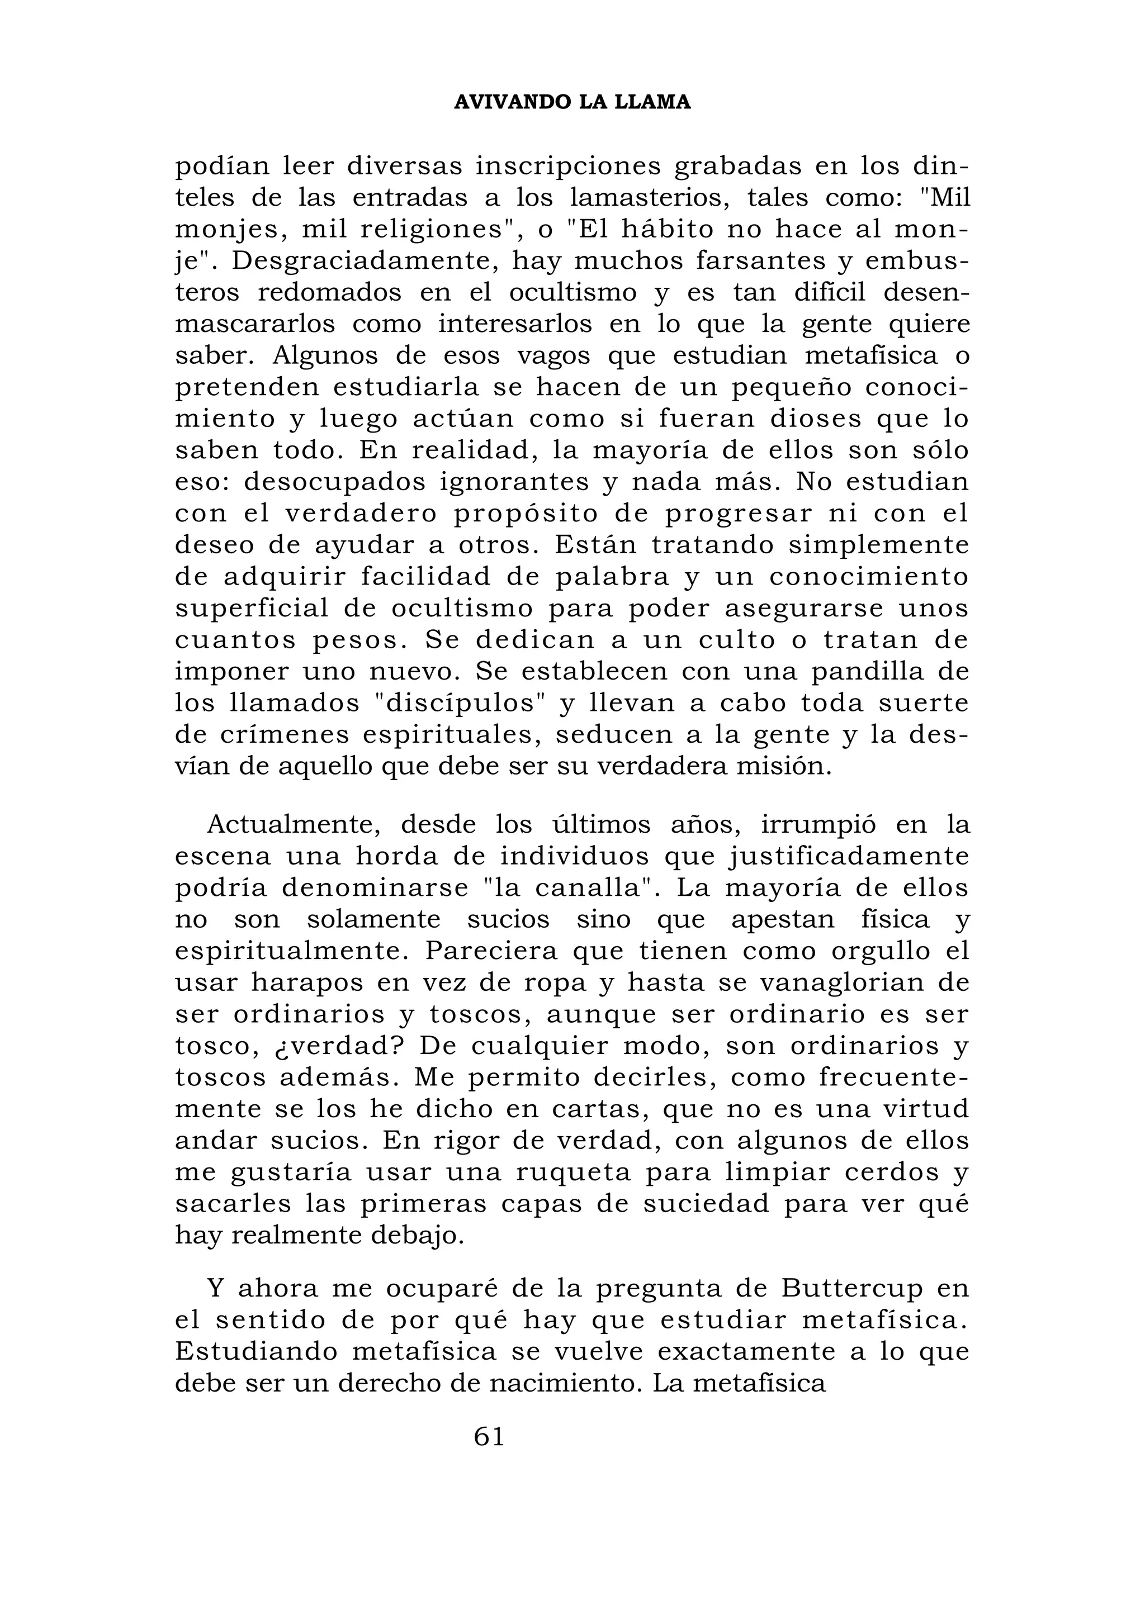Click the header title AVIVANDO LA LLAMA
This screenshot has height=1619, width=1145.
(572, 103)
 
